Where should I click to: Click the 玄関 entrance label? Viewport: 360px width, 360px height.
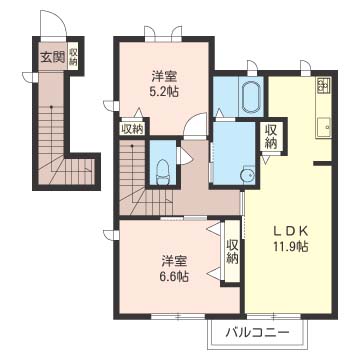pyautogui.click(x=52, y=58)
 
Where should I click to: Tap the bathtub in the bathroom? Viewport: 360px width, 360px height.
pyautogui.click(x=251, y=97)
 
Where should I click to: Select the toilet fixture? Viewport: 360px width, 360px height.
pyautogui.click(x=163, y=172)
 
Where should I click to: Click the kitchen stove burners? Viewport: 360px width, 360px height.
pyautogui.click(x=323, y=85)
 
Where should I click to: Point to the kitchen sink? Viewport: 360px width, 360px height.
pyautogui.click(x=323, y=127)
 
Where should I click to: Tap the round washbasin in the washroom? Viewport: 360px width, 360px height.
pyautogui.click(x=248, y=174)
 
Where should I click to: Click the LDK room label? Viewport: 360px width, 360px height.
pyautogui.click(x=290, y=231)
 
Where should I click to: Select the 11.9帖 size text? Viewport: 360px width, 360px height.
pyautogui.click(x=290, y=246)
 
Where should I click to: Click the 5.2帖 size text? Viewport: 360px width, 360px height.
pyautogui.click(x=164, y=91)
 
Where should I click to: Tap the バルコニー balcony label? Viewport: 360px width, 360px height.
pyautogui.click(x=257, y=333)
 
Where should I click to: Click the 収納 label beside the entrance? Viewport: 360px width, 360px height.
pyautogui.click(x=73, y=56)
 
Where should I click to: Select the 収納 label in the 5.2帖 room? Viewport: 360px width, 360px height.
pyautogui.click(x=132, y=128)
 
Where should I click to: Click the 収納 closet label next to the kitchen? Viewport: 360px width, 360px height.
pyautogui.click(x=272, y=137)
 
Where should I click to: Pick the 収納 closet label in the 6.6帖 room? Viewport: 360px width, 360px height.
pyautogui.click(x=232, y=252)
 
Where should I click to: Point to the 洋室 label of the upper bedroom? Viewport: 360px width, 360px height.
pyautogui.click(x=164, y=77)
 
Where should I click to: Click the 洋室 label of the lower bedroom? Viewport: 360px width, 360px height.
pyautogui.click(x=173, y=261)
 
